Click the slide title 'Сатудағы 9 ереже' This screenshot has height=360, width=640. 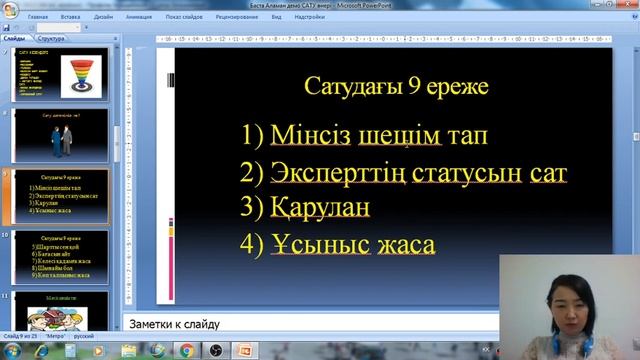click(397, 87)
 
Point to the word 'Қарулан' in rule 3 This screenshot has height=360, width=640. click(320, 208)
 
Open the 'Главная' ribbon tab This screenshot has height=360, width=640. click(37, 17)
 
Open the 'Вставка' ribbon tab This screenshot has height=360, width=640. click(71, 17)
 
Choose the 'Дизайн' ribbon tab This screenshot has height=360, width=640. click(103, 17)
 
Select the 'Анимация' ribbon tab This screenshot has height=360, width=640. click(139, 17)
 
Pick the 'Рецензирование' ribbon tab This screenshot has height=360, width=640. click(236, 17)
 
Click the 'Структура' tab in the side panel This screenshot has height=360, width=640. click(52, 38)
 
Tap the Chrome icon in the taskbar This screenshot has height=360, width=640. click(186, 350)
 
